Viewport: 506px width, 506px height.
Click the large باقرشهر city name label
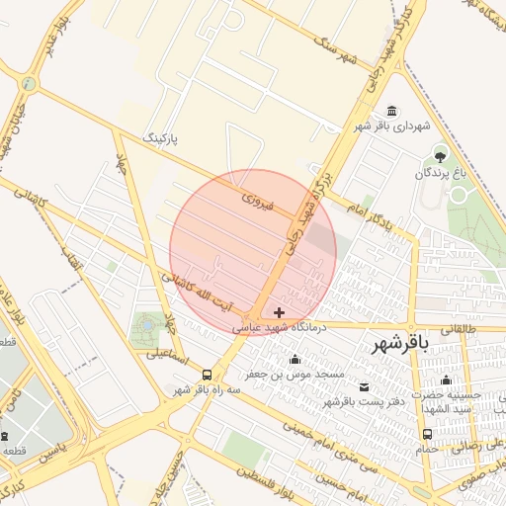pyautogui.click(x=401, y=344)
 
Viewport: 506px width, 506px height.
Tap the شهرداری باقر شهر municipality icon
pyautogui.click(x=393, y=111)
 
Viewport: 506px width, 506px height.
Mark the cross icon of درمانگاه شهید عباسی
pyautogui.click(x=280, y=311)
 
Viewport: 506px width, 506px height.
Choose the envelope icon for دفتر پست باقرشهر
pyautogui.click(x=365, y=385)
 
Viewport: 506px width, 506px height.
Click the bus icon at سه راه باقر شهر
pyautogui.click(x=207, y=375)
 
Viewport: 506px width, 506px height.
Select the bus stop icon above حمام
pyautogui.click(x=427, y=433)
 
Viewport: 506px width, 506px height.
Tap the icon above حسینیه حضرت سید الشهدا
pyautogui.click(x=446, y=379)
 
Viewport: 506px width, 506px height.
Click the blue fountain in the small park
pyautogui.click(x=148, y=323)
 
